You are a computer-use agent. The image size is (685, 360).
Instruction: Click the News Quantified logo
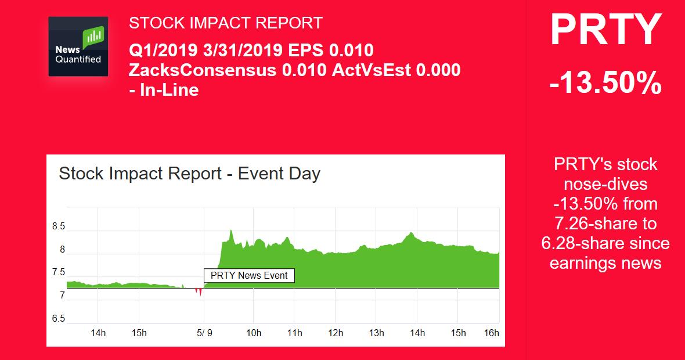(78, 46)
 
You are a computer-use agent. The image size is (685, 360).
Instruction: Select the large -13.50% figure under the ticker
(605, 83)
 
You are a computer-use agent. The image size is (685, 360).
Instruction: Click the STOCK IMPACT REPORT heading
(225, 23)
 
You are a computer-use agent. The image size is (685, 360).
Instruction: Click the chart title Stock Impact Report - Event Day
(190, 174)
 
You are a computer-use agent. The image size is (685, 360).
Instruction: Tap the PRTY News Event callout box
(249, 275)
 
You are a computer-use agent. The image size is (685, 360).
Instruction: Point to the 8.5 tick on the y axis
(59, 226)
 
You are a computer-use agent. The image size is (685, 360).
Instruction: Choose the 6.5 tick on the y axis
(59, 319)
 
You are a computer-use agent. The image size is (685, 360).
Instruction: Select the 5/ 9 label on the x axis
(204, 333)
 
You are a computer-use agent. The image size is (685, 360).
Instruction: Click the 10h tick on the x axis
(254, 333)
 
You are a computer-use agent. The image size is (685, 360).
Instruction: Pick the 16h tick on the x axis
(491, 333)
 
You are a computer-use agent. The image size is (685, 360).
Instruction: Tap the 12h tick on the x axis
(336, 333)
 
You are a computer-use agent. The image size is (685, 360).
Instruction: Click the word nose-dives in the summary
(605, 184)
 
